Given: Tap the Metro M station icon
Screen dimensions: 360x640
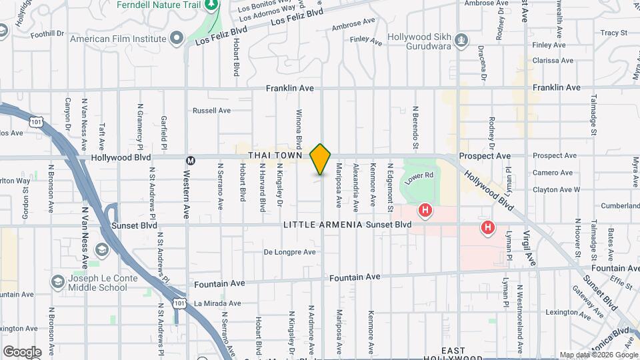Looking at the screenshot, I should click(191, 160).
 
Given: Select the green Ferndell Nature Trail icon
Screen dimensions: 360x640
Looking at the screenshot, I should click(212, 5).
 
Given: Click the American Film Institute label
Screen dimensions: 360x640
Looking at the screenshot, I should click(117, 38).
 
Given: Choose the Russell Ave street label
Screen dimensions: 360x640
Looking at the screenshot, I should click(211, 111).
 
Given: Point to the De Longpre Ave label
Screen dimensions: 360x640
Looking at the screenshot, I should click(289, 253).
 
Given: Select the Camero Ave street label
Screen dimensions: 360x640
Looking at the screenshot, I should click(552, 173).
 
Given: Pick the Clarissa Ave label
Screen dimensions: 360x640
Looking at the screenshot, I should click(553, 61).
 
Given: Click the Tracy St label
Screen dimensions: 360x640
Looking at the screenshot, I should click(613, 32).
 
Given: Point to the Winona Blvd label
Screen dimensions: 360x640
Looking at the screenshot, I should click(299, 129).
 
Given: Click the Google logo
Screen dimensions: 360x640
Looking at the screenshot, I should click(22, 352).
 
